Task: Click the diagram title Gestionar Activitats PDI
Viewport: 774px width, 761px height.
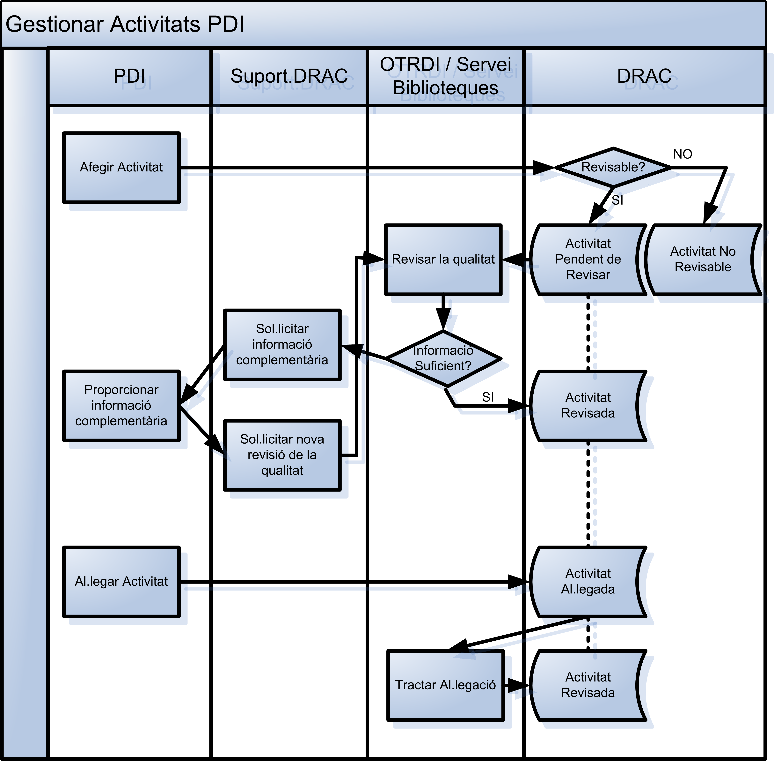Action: click(125, 24)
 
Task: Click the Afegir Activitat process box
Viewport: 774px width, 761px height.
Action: click(121, 168)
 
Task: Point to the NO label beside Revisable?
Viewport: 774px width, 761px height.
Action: click(683, 154)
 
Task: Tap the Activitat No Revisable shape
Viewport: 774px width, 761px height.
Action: click(703, 259)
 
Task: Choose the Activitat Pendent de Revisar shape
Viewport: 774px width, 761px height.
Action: click(588, 259)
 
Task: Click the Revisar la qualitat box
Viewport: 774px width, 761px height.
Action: click(443, 259)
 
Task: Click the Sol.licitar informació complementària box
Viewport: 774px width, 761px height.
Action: click(282, 344)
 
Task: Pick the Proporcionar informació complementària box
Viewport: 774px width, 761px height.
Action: click(121, 406)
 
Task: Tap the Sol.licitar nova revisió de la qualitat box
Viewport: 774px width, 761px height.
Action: click(282, 455)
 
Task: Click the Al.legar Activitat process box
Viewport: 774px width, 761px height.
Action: click(121, 582)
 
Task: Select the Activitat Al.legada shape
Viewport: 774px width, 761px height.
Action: click(588, 582)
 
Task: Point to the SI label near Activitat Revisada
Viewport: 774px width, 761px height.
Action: click(488, 397)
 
